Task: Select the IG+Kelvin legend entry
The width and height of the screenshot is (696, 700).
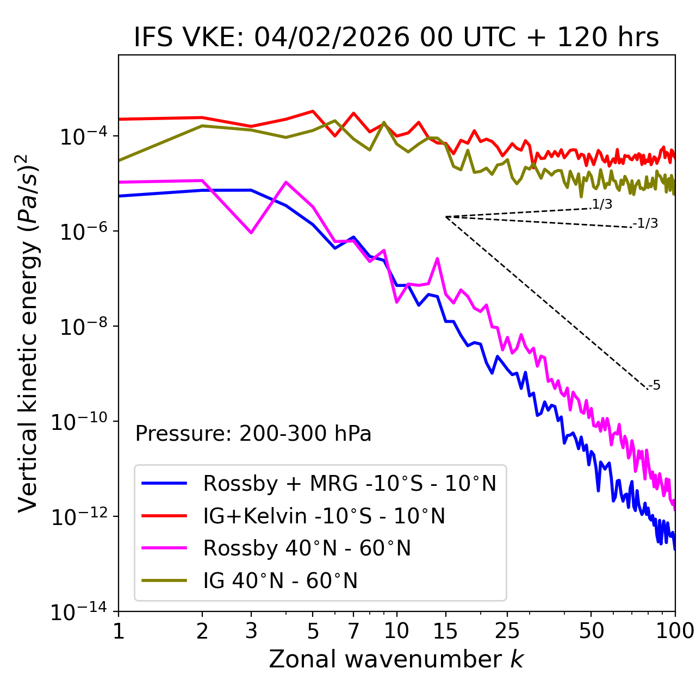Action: pos(324,516)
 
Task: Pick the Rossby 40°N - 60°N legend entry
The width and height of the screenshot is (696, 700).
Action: pos(307,548)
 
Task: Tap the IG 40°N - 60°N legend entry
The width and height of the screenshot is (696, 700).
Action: pos(280,581)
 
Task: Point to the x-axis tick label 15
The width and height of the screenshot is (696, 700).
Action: pos(445,630)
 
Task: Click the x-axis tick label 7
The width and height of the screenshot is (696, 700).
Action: pos(353,630)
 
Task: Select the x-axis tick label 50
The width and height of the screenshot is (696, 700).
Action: pos(591,630)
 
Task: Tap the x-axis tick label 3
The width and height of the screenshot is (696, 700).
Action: pos(251,630)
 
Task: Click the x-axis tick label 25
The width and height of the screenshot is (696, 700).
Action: pos(507,630)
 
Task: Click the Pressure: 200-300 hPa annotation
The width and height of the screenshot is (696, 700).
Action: pos(253,434)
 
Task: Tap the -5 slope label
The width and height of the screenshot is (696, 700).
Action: pos(655,385)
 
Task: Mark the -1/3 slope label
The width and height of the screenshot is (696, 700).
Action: pos(646,223)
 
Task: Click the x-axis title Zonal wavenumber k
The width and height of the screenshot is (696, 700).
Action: pos(396,659)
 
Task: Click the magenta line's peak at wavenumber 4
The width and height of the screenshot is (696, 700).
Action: pos(286,182)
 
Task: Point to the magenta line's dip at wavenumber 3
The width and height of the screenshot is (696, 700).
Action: pos(251,233)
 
